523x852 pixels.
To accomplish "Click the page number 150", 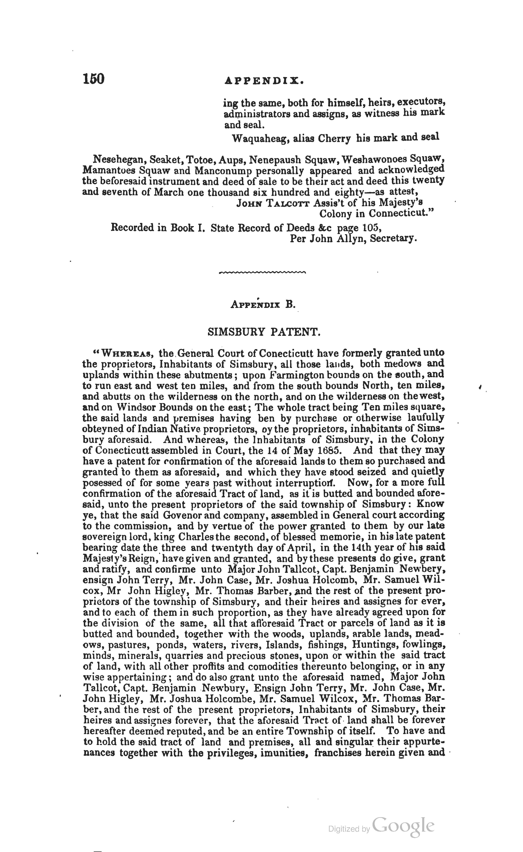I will point(93,79).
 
